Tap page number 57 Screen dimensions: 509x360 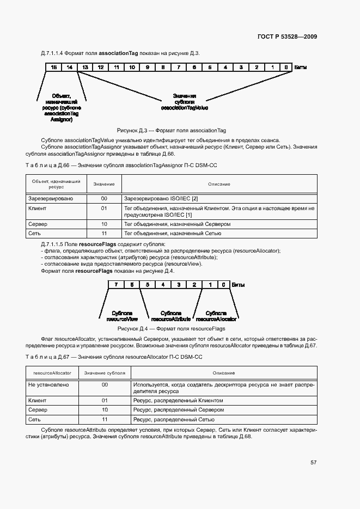pos(314,462)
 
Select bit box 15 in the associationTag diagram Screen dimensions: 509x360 pos(53,67)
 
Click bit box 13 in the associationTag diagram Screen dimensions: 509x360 pos(85,67)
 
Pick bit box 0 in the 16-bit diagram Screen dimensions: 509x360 pos(286,67)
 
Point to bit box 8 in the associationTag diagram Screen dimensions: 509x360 pos(163,67)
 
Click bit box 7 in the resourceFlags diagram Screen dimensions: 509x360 pos(116,285)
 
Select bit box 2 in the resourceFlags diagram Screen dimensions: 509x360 pos(194,285)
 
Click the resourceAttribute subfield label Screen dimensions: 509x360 pos(170,316)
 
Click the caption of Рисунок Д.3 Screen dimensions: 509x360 pos(172,131)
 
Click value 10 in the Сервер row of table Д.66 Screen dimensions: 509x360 pos(103,224)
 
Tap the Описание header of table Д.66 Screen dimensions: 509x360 pos(218,184)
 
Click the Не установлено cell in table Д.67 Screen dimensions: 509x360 pos(48,385)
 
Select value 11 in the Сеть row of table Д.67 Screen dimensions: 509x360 pos(105,419)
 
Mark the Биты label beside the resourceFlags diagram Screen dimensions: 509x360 pos(238,285)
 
